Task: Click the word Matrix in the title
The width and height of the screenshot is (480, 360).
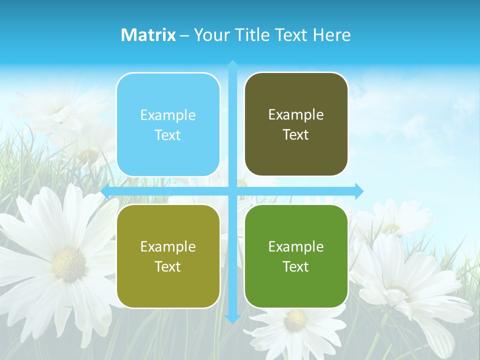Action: coord(148,35)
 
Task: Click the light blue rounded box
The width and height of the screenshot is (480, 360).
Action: coord(168,124)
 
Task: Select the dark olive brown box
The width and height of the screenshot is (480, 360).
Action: coord(296,124)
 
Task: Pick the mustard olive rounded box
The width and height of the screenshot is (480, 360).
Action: coord(168,256)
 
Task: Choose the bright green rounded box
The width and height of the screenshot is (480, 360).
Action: coord(296,256)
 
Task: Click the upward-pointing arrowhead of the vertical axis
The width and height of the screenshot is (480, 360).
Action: coord(232,64)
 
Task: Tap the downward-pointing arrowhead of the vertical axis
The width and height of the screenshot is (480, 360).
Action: coord(232,318)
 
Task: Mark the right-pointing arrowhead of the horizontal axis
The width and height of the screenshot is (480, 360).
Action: coord(359,191)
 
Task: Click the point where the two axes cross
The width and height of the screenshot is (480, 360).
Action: coord(232,191)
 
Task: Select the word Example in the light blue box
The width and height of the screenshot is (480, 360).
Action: coord(168,115)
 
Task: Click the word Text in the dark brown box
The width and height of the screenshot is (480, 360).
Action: coord(296,135)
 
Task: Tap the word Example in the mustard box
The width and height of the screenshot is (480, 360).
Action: coord(168,246)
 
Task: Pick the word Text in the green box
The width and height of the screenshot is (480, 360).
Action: coord(296,266)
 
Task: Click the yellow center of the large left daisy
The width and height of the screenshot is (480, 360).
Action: coord(68,263)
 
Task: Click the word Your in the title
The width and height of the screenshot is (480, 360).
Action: coord(210,35)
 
